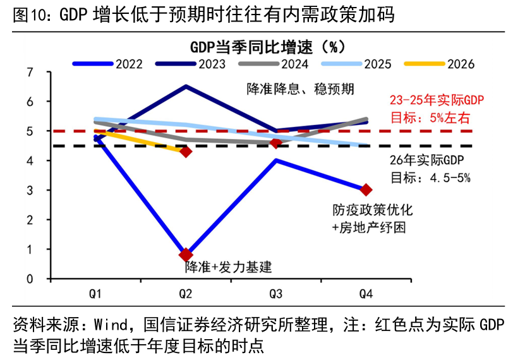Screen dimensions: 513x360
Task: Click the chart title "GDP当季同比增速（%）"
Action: tap(267, 47)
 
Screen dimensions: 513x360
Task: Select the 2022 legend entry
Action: tap(107, 64)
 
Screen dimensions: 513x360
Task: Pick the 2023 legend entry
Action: tap(190, 64)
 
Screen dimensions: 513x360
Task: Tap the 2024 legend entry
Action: tap(274, 64)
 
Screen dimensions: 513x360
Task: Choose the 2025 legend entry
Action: tap(356, 64)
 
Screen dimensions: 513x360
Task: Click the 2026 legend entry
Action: tap(439, 64)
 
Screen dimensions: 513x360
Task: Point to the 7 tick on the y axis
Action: tap(30, 72)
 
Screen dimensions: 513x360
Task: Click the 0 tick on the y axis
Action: tap(30, 279)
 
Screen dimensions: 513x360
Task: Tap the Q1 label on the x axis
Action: tap(95, 294)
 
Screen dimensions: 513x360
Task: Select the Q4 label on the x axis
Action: tap(366, 294)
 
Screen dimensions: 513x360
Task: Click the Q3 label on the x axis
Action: tap(276, 294)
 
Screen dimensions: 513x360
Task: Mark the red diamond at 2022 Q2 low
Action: tap(186, 255)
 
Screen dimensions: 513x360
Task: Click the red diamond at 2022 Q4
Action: tap(366, 189)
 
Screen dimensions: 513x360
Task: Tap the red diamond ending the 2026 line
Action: tap(186, 152)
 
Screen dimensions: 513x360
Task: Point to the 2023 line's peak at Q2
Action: tap(186, 87)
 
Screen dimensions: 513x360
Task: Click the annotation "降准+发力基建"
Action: tap(228, 267)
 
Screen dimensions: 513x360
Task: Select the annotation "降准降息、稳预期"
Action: tap(300, 89)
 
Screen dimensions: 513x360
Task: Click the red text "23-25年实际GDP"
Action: tap(437, 100)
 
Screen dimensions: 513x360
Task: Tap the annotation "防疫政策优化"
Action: tap(373, 210)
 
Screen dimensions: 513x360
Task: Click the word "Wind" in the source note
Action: tap(110, 325)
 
